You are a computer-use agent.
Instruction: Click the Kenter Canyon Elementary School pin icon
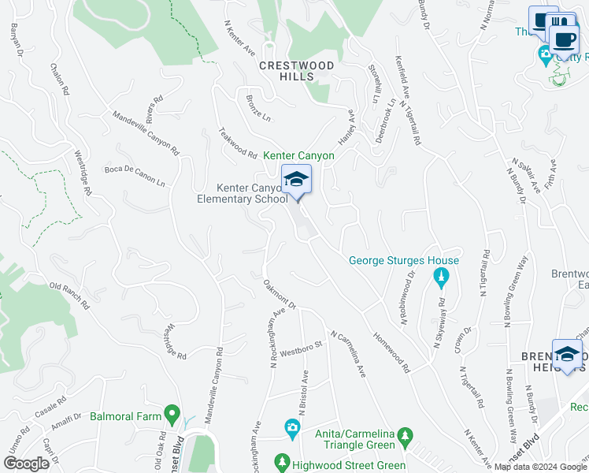pyautogui.click(x=296, y=181)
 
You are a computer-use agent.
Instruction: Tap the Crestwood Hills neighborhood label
pyautogui.click(x=297, y=71)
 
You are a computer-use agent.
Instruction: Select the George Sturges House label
pyautogui.click(x=403, y=260)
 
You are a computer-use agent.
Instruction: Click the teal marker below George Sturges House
pyautogui.click(x=441, y=277)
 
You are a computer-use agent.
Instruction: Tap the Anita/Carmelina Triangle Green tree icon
pyautogui.click(x=406, y=435)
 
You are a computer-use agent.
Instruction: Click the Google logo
pyautogui.click(x=26, y=464)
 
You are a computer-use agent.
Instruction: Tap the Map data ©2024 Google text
pyautogui.click(x=540, y=467)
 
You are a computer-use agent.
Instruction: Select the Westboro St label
pyautogui.click(x=296, y=348)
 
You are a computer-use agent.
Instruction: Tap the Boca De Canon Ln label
pyautogui.click(x=135, y=176)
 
